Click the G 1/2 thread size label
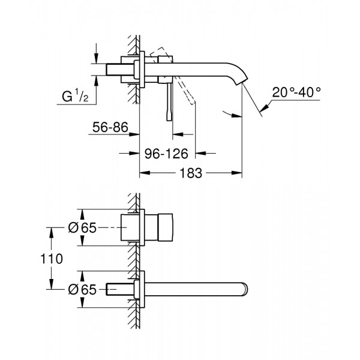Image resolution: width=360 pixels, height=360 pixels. click(x=77, y=96)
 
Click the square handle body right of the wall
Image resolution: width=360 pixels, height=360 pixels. click(x=160, y=229)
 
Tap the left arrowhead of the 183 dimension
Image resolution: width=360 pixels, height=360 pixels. click(x=144, y=174)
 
